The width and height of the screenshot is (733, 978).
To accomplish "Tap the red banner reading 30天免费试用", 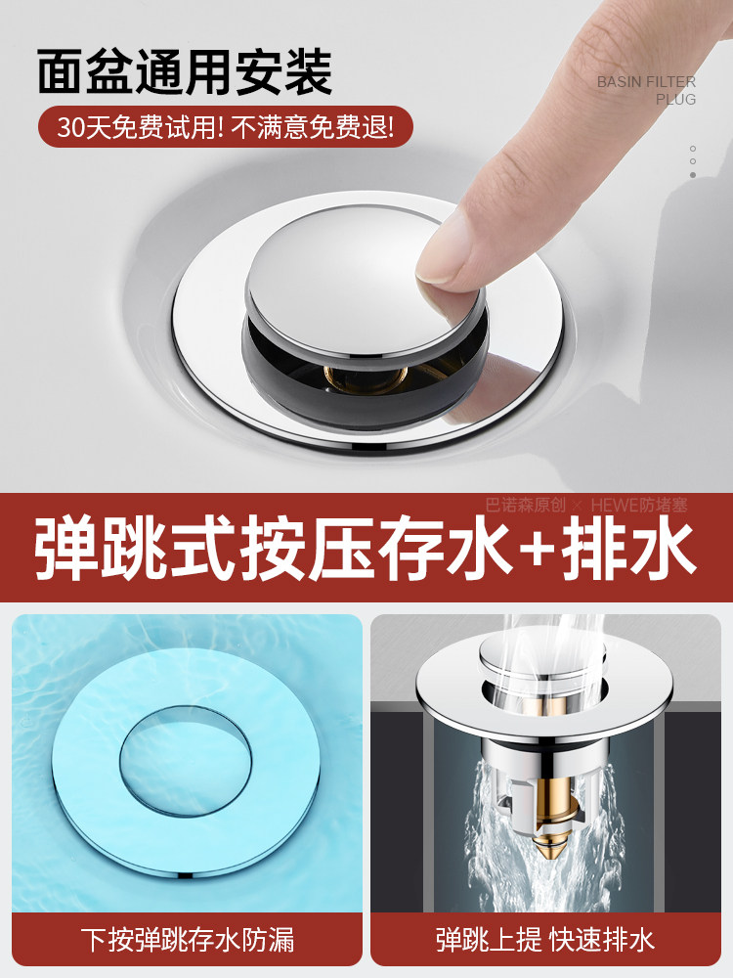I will click(226, 128).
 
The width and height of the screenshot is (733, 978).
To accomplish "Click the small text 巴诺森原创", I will click(525, 505).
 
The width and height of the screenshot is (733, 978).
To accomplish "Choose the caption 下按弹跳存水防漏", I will click(186, 941).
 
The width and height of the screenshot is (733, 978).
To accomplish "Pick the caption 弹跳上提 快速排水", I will click(545, 941).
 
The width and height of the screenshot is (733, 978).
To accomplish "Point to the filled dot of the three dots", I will click(693, 175).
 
